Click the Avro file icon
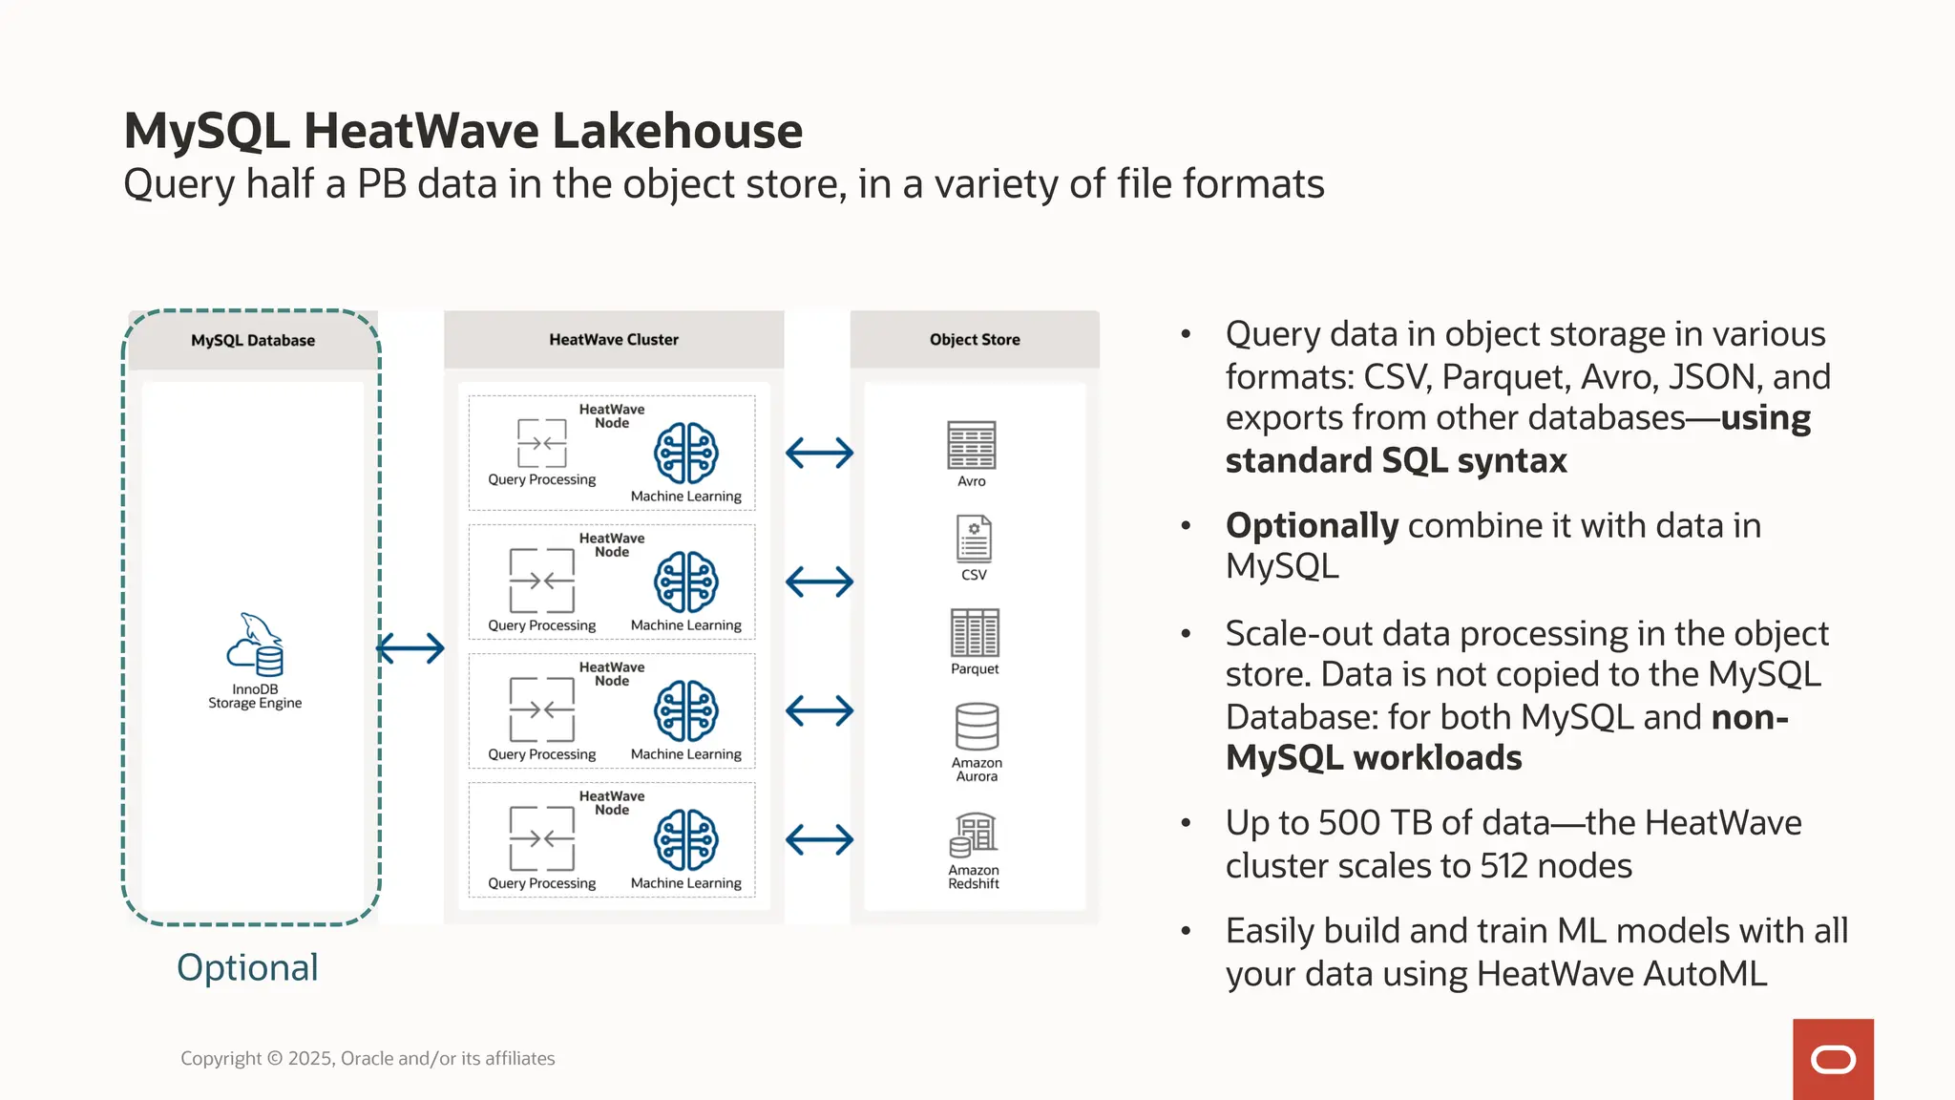[971, 445]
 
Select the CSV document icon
[974, 539]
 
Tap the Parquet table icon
[975, 632]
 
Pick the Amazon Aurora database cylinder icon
[977, 728]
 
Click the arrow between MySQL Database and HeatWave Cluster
[410, 649]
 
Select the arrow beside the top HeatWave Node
[819, 453]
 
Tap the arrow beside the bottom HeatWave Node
[819, 840]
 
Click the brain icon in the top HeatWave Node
[685, 454]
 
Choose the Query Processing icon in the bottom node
[541, 838]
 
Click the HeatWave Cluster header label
[614, 340]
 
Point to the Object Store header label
[975, 340]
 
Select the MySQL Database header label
[253, 341]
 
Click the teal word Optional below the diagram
[247, 968]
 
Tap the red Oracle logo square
[1833, 1059]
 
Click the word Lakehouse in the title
[678, 131]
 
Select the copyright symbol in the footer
[274, 1059]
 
